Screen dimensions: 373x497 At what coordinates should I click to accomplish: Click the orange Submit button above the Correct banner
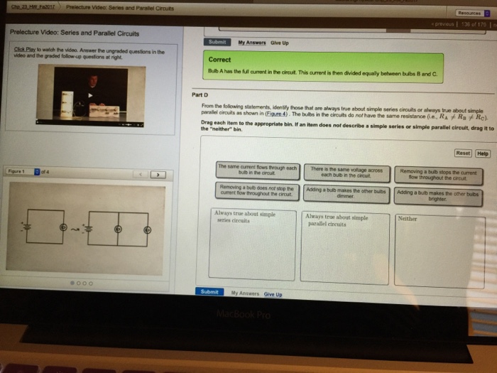point(217,42)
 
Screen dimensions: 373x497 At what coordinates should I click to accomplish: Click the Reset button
point(462,153)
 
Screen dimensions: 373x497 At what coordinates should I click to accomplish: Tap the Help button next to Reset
point(483,153)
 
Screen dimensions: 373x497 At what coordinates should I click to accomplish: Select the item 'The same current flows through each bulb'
point(256,170)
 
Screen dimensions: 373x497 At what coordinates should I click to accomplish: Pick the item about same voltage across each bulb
point(346,171)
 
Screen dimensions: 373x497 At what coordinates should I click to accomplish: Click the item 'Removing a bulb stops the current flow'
point(437,173)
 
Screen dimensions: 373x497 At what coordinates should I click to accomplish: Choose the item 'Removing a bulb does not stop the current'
point(256,190)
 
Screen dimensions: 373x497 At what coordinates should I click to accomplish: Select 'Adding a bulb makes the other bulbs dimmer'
point(346,193)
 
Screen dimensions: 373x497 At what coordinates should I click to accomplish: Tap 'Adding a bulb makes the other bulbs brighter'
point(438,195)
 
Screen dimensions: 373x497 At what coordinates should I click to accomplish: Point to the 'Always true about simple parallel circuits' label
point(337,220)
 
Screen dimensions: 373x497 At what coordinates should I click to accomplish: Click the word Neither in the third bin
point(408,219)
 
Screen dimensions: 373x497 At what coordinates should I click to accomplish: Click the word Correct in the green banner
point(219,60)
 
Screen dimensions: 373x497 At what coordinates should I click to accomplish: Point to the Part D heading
point(200,94)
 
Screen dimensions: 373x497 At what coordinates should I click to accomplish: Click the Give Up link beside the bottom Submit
point(273,293)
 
